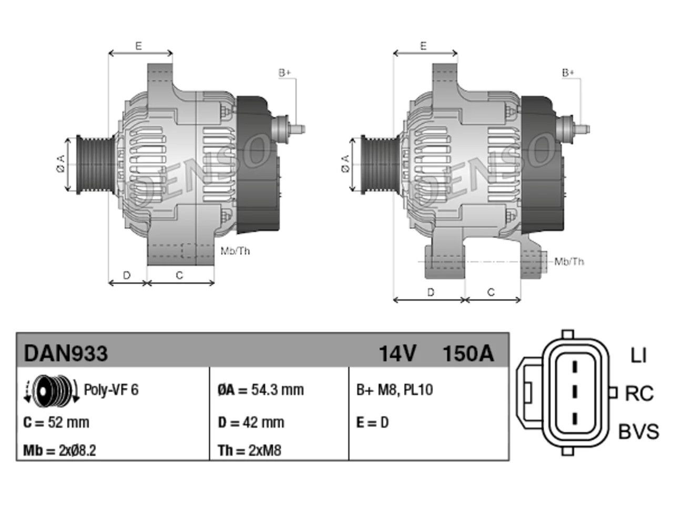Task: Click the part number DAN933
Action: (x=66, y=353)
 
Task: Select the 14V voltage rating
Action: (x=397, y=353)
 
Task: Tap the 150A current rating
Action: (x=468, y=353)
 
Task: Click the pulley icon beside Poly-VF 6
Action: (x=52, y=391)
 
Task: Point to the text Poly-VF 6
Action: (x=111, y=390)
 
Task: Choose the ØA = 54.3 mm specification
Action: (x=261, y=390)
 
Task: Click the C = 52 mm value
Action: (x=56, y=422)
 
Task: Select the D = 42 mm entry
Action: (x=251, y=422)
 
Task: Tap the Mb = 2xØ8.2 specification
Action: (x=59, y=450)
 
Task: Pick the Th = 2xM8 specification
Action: (x=249, y=450)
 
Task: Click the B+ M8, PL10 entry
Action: (x=394, y=390)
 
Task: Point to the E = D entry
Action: (x=372, y=422)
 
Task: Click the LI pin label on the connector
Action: (x=638, y=356)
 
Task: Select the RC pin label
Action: (x=639, y=393)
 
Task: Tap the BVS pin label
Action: (x=638, y=431)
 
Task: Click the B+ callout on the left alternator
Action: (x=284, y=73)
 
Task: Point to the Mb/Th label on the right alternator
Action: (x=569, y=261)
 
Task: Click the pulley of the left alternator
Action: (x=95, y=165)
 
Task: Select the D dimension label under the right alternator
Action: (x=431, y=292)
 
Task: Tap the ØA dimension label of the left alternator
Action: (x=61, y=164)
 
